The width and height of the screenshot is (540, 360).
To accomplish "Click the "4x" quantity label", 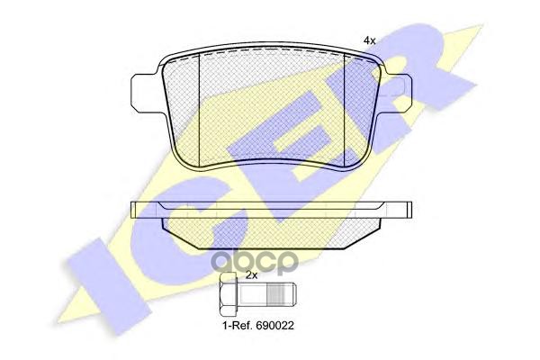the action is click(369, 40).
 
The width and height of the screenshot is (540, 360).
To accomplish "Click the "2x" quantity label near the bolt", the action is click(252, 274).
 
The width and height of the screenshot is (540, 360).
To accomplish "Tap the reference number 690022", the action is click(274, 326).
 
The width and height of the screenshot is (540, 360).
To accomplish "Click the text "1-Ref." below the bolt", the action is click(236, 326).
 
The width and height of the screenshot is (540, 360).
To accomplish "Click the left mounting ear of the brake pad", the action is click(146, 93).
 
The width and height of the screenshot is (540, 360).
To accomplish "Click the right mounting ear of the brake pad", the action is click(396, 93).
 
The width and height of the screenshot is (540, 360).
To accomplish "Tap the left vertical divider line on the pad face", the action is click(200, 110).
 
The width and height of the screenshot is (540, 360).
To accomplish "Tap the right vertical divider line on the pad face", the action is click(345, 110).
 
